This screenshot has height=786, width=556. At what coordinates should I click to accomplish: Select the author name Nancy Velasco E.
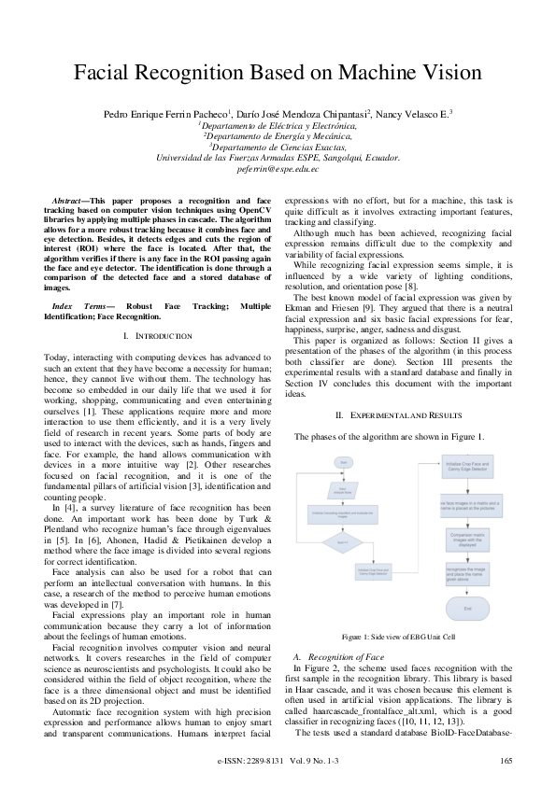(x=412, y=113)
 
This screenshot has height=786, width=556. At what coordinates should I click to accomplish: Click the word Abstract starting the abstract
(x=67, y=201)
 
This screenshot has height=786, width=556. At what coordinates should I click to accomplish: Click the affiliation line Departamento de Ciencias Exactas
(x=278, y=147)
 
